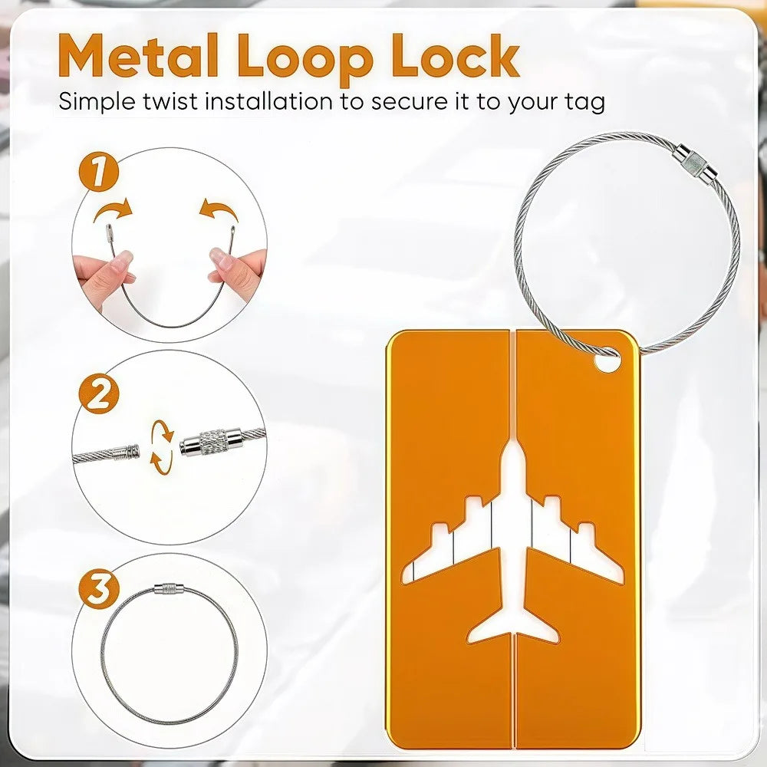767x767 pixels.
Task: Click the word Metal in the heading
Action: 138,55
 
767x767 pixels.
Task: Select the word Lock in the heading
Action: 456,55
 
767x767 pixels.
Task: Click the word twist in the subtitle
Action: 171,102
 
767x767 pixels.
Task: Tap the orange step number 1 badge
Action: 99,172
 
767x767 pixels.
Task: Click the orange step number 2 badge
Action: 99,393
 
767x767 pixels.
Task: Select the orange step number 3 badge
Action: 99,588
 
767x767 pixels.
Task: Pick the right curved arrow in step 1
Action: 219,209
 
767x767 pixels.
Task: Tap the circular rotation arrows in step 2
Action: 162,447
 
